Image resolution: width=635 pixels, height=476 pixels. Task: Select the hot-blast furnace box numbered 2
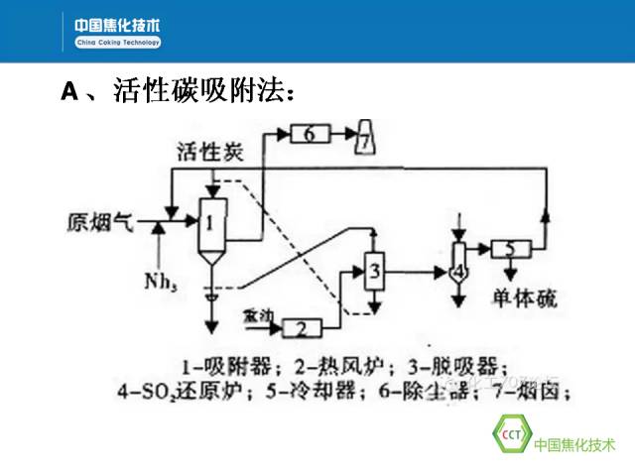[x=303, y=326]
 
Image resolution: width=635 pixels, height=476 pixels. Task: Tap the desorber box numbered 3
[x=374, y=268]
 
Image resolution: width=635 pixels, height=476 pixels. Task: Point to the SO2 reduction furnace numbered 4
[x=457, y=268]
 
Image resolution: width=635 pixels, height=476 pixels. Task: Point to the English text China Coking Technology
[x=117, y=43]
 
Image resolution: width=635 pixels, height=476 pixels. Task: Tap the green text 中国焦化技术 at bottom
[x=575, y=444]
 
